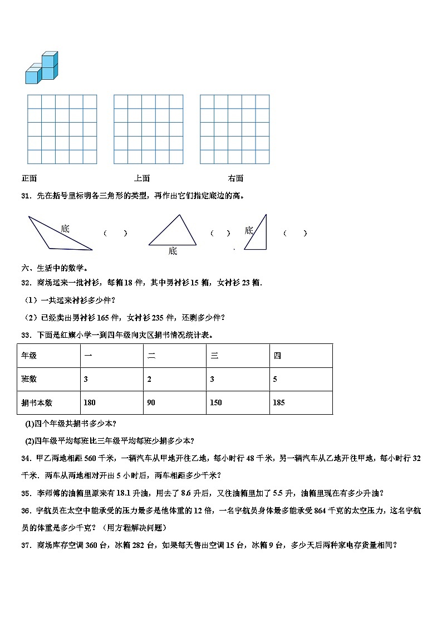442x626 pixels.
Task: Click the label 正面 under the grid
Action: [29, 178]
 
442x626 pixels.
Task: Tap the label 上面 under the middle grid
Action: [141, 178]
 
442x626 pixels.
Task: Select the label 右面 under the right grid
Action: [235, 178]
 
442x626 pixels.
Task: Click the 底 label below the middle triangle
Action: [173, 251]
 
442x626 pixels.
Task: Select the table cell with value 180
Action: [90, 402]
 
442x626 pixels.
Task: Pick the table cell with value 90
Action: [152, 402]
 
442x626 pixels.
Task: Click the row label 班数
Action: [29, 379]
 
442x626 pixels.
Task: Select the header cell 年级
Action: [29, 356]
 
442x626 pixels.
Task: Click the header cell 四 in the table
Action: [277, 356]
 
